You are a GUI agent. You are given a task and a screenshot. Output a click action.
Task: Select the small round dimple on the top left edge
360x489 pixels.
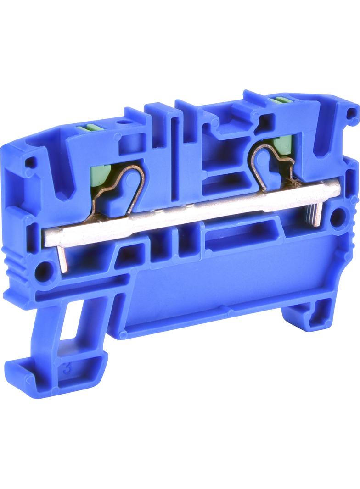pos(123,123)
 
